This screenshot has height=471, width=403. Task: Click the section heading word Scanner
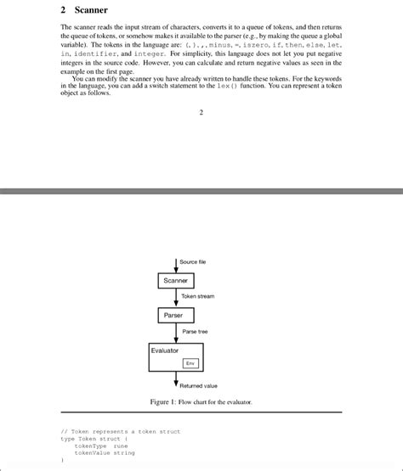pyautogui.click(x=90, y=10)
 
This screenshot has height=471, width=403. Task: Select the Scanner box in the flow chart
pyautogui.click(x=176, y=280)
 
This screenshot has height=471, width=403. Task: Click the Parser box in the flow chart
pyautogui.click(x=173, y=315)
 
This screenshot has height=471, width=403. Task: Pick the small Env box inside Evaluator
pyautogui.click(x=191, y=363)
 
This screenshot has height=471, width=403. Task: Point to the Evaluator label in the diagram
pyautogui.click(x=165, y=350)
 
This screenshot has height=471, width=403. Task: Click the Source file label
pyautogui.click(x=193, y=261)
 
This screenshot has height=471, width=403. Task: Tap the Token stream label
pyautogui.click(x=198, y=296)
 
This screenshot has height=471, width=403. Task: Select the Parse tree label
pyautogui.click(x=195, y=331)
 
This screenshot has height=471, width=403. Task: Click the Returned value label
pyautogui.click(x=198, y=385)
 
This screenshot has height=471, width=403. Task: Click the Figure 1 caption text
pyautogui.click(x=201, y=401)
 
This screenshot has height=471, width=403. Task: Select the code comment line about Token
pyautogui.click(x=121, y=431)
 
